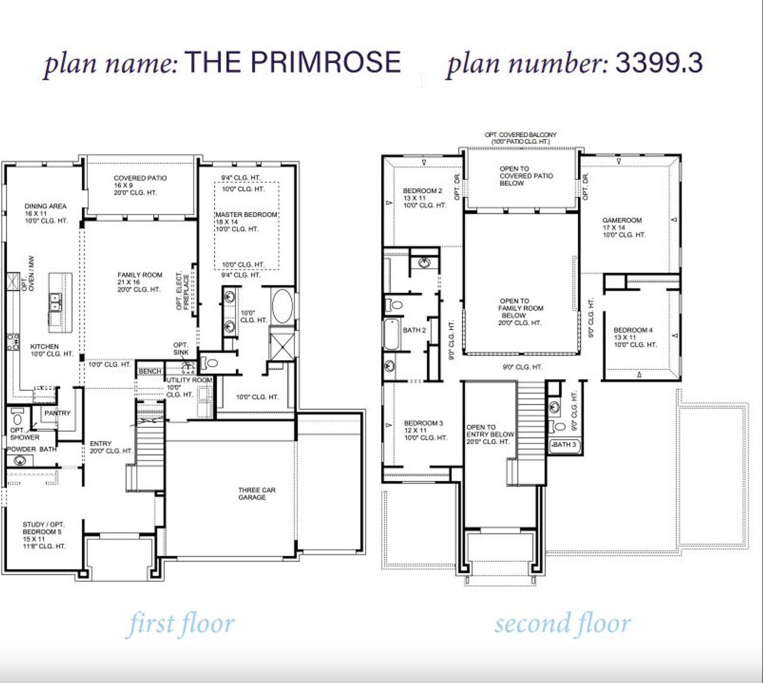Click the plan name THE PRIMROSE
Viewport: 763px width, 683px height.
[x=293, y=63]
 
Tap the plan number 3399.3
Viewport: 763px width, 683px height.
[x=659, y=63]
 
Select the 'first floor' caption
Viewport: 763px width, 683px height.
[x=181, y=624]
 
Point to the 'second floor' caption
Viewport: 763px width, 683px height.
[x=562, y=624]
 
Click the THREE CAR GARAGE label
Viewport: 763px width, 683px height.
[x=257, y=493]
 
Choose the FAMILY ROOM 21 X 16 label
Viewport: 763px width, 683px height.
[x=139, y=282]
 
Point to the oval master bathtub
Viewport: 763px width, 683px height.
[x=282, y=306]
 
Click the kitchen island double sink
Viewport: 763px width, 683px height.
[x=55, y=302]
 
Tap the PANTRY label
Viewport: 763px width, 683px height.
[x=57, y=412]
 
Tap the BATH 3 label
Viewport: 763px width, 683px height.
[x=565, y=445]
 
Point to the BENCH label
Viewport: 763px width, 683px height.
[x=150, y=371]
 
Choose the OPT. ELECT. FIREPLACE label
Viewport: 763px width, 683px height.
[x=182, y=291]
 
